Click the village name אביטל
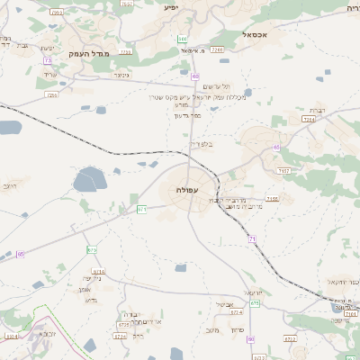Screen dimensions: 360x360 [225, 305]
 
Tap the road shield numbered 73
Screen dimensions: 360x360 [46, 60]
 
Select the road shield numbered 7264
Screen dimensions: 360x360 [308, 118]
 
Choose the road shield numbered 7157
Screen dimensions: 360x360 [283, 169]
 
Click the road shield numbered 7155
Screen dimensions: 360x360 [273, 198]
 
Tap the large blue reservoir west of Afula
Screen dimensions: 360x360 [88, 181]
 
